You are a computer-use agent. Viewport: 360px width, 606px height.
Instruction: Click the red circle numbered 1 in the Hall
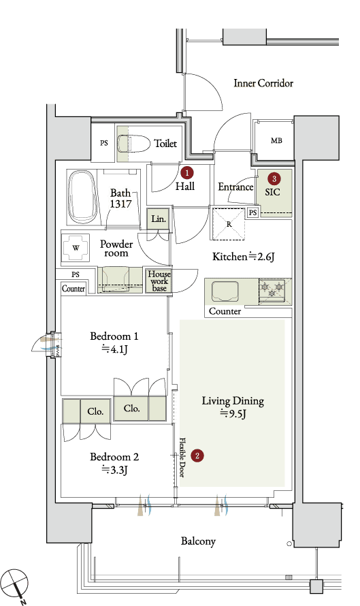pyautogui.click(x=187, y=172)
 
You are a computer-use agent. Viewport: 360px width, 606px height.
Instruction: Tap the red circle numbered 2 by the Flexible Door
pyautogui.click(x=197, y=456)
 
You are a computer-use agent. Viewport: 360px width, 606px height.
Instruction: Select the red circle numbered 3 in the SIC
pyautogui.click(x=274, y=178)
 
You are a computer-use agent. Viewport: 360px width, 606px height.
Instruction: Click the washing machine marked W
pyautogui.click(x=76, y=248)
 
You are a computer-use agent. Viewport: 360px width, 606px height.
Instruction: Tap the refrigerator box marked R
pyautogui.click(x=228, y=224)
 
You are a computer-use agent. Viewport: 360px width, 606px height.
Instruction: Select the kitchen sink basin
pyautogui.click(x=225, y=291)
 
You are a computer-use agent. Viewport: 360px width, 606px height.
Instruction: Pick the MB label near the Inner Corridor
pyautogui.click(x=276, y=141)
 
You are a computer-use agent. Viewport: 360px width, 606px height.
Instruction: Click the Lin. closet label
pyautogui.click(x=159, y=219)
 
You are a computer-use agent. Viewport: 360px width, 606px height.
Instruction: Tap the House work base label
pyautogui.click(x=159, y=281)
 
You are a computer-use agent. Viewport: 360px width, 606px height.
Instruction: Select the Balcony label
pyautogui.click(x=198, y=541)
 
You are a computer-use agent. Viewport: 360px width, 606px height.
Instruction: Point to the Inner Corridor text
pyautogui.click(x=263, y=83)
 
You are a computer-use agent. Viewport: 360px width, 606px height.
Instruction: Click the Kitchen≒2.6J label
pyautogui.click(x=244, y=257)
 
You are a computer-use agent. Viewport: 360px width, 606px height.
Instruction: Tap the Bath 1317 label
pyautogui.click(x=121, y=198)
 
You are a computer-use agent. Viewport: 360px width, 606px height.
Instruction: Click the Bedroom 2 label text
pyautogui.click(x=114, y=457)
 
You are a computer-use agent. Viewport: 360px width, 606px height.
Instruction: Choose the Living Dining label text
pyautogui.click(x=233, y=401)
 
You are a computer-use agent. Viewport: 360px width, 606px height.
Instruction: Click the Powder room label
pyautogui.click(x=116, y=249)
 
